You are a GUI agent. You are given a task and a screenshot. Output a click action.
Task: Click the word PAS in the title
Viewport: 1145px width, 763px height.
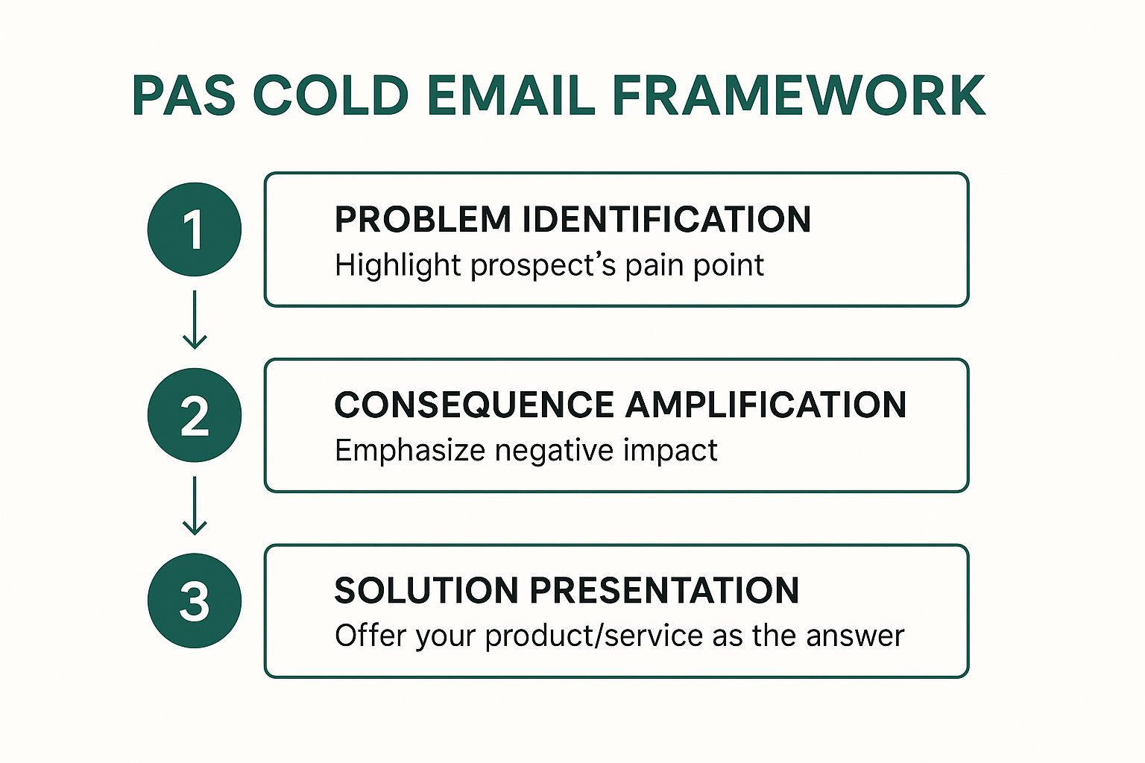[183, 96]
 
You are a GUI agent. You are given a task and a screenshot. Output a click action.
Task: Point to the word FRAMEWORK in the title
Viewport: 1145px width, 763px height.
[798, 96]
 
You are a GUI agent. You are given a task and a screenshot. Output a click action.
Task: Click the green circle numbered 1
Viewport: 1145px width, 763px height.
[195, 229]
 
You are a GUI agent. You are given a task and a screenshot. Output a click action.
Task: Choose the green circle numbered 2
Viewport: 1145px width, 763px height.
[195, 415]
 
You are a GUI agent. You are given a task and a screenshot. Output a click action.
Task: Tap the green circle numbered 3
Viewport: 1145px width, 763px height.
[195, 601]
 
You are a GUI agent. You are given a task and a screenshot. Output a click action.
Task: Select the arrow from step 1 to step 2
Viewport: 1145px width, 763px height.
[195, 320]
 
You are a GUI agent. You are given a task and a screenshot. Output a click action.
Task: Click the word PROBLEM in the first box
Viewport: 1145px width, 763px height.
[423, 220]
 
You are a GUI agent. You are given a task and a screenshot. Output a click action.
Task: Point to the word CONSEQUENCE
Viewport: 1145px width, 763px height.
[474, 405]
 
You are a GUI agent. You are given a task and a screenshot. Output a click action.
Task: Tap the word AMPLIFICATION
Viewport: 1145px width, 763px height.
[766, 405]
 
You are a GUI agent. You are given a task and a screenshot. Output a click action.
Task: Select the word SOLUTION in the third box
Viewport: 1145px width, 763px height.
[426, 591]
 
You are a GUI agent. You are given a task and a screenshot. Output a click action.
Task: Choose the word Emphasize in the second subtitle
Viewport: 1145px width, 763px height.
[409, 452]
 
